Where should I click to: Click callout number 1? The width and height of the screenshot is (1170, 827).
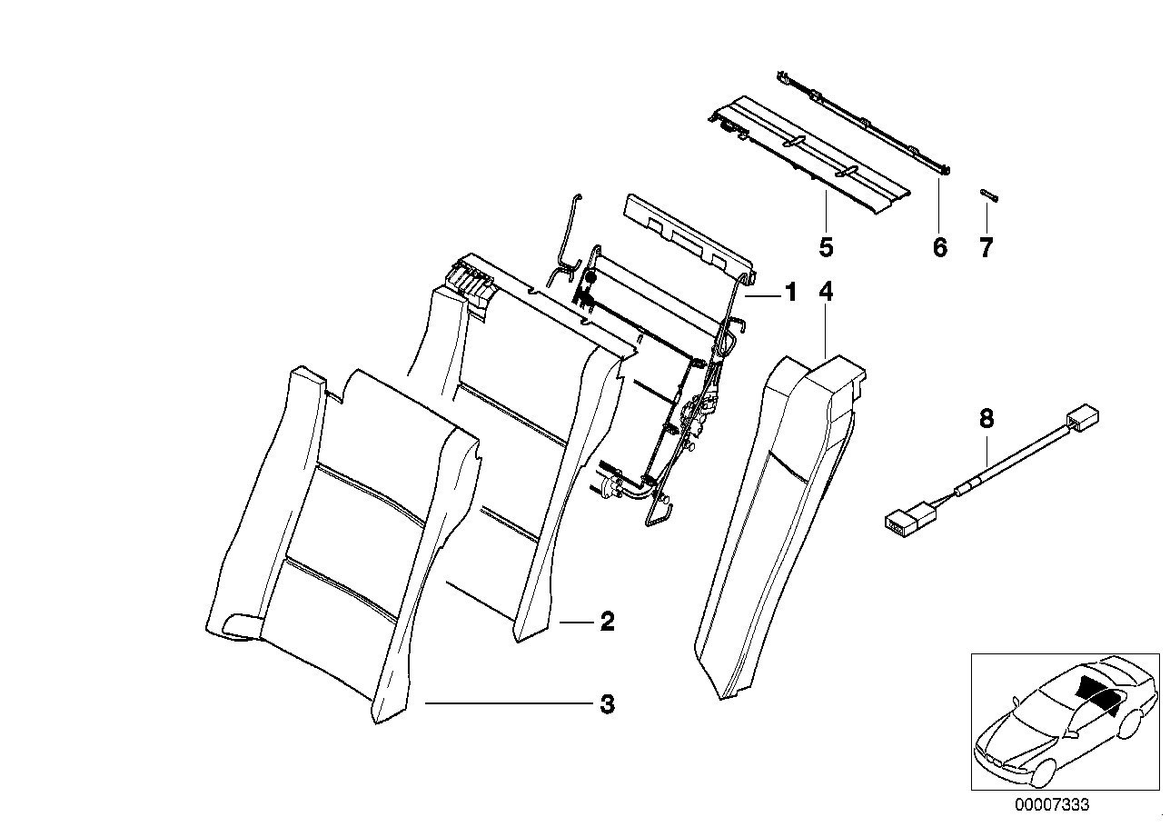point(790,293)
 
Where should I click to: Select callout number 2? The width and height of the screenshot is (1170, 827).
point(607,622)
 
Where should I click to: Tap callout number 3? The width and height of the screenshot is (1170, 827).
point(607,703)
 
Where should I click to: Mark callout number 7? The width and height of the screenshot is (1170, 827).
point(987,246)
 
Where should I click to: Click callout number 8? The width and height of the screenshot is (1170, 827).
point(987,419)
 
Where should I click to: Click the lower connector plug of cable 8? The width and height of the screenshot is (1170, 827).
point(903,521)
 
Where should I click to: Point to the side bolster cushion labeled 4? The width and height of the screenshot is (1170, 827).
point(772,527)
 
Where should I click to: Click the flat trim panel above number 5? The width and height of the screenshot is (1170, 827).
point(808,154)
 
